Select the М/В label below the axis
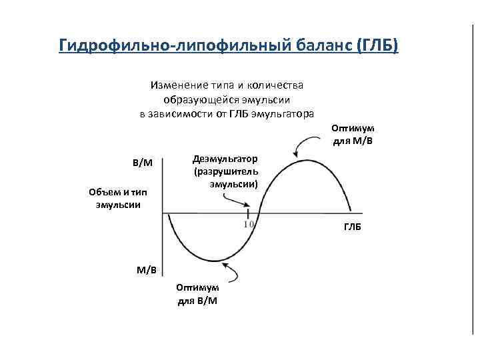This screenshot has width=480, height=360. (x=146, y=270)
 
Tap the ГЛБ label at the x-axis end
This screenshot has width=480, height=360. (x=353, y=227)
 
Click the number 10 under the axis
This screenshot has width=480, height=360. (x=249, y=225)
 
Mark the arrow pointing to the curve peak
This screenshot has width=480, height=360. (x=307, y=142)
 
